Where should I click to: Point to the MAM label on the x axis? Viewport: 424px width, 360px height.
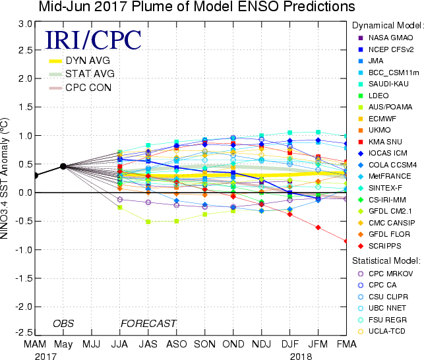click(36, 345)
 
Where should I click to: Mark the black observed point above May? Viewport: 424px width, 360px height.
click(63, 166)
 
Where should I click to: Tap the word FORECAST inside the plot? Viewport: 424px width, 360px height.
click(148, 323)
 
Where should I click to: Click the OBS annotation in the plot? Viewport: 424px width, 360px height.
click(64, 323)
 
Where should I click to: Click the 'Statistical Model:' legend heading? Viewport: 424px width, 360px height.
click(386, 260)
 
